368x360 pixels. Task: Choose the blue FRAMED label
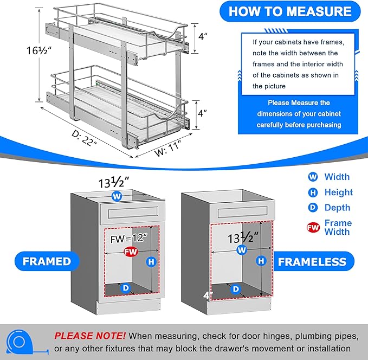tap(47, 261)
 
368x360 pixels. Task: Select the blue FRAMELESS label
tap(312, 262)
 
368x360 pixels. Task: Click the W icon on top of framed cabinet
tap(116, 196)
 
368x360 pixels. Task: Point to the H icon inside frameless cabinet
tap(261, 261)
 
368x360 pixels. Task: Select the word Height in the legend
tap(338, 192)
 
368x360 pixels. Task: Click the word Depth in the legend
tap(337, 208)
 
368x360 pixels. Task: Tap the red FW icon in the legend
tap(313, 227)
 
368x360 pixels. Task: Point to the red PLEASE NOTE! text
tap(90, 336)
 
